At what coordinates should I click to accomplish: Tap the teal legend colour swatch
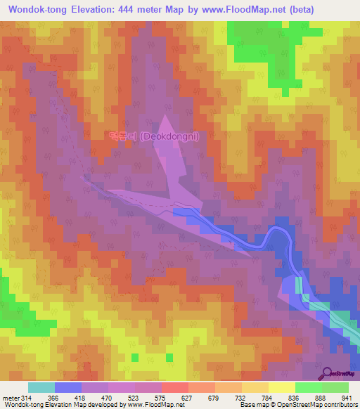(41, 387)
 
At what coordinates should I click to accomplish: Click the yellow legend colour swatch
(281, 387)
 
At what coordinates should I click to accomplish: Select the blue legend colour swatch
(68, 387)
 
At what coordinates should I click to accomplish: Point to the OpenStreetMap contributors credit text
(313, 405)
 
